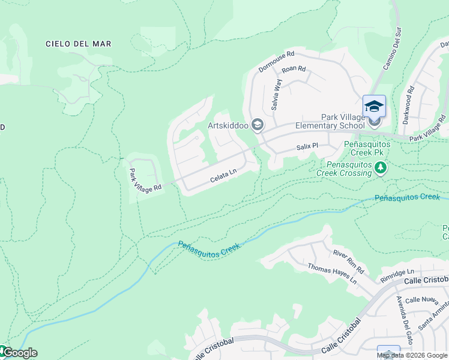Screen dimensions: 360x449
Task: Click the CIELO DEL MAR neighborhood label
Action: click(79, 44)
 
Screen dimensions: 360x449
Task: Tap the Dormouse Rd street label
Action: click(276, 61)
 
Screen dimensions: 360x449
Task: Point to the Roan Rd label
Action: click(294, 70)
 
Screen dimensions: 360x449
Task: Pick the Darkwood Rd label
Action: click(409, 106)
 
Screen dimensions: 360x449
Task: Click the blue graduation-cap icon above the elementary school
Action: click(374, 106)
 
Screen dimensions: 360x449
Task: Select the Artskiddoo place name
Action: click(228, 125)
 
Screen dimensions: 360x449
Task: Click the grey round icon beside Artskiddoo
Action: click(258, 125)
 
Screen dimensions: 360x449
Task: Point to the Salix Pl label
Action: click(307, 146)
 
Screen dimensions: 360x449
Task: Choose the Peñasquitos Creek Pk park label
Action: click(367, 149)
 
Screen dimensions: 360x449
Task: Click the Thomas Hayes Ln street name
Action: click(332, 274)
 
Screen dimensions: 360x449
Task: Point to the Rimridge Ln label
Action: click(397, 276)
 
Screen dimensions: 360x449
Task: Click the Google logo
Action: click(19, 353)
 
